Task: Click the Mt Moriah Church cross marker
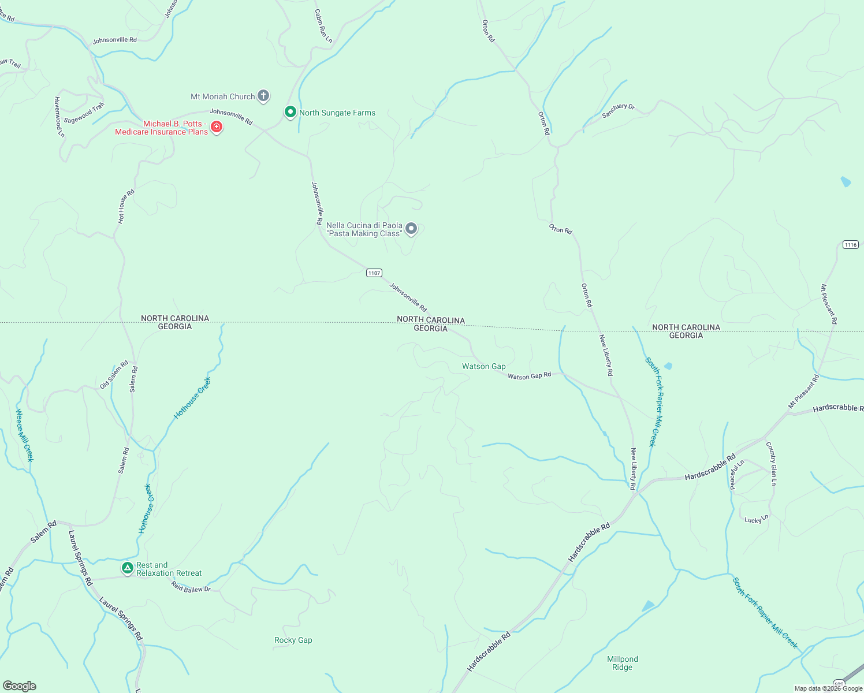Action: pos(263,96)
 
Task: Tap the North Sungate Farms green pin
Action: pos(291,112)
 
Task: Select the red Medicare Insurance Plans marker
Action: pos(217,126)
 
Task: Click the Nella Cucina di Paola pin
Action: pos(411,229)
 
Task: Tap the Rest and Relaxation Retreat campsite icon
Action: pos(128,568)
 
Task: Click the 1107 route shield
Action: pos(374,273)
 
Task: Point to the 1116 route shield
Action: pos(851,245)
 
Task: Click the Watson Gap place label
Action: pos(483,367)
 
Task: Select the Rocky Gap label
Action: pos(293,640)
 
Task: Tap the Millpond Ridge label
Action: pos(623,663)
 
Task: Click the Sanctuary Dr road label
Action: pos(618,111)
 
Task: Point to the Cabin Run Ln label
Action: pos(323,26)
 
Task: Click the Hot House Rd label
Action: pos(126,206)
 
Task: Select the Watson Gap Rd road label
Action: pos(530,376)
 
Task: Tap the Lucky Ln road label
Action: pos(757,519)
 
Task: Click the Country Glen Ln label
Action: pos(771,463)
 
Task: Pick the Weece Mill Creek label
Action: pos(24,435)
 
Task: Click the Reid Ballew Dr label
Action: pos(191,587)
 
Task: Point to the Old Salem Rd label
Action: pos(114,375)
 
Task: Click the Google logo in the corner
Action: pos(19,686)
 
